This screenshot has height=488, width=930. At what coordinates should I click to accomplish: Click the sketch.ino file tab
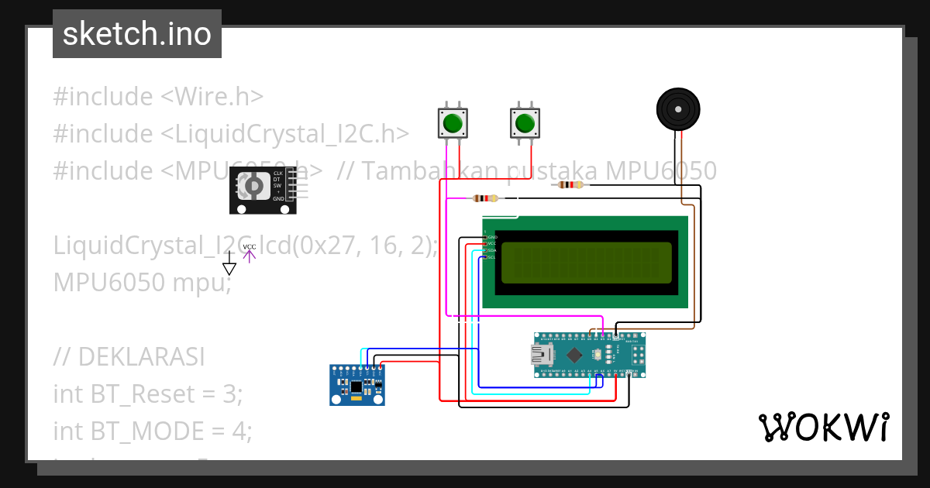click(x=136, y=34)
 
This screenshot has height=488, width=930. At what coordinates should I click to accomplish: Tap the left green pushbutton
click(x=453, y=122)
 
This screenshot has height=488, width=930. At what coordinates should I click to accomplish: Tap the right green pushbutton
click(x=525, y=122)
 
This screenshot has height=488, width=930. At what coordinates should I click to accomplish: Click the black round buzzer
click(x=678, y=109)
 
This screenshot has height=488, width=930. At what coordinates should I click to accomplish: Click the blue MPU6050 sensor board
click(x=356, y=385)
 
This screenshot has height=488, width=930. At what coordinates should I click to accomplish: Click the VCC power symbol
click(x=249, y=252)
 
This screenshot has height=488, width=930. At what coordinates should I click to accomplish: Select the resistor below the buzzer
click(x=570, y=184)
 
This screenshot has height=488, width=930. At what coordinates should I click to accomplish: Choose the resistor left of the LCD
click(x=485, y=198)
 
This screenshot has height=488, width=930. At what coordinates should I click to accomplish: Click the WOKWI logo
click(x=823, y=428)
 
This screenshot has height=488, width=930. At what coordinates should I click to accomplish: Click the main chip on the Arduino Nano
click(x=574, y=355)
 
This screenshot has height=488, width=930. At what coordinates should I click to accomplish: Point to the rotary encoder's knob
click(x=252, y=186)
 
